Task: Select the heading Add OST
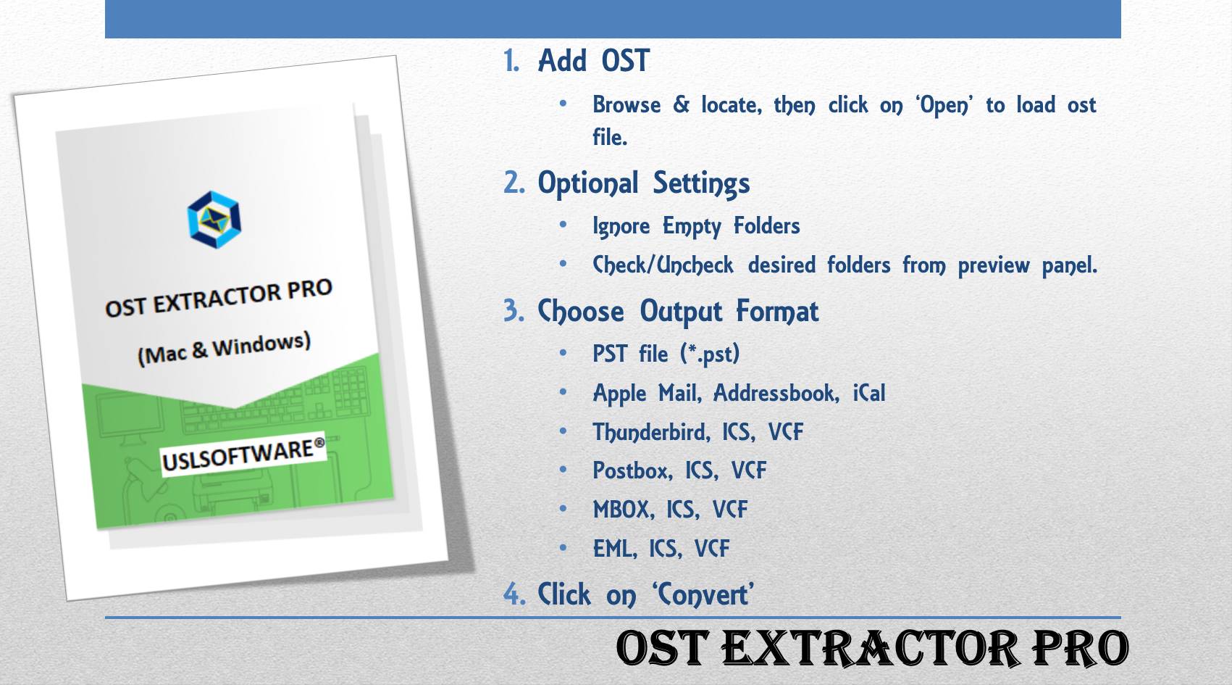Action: tap(593, 61)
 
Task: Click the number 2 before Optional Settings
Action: tap(513, 183)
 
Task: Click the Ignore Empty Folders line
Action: tap(695, 226)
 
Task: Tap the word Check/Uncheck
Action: tap(663, 265)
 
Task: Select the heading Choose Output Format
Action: tap(678, 312)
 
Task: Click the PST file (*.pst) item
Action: tap(666, 354)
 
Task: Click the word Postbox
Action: tap(631, 471)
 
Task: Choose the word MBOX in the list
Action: tap(621, 510)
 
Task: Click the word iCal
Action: tap(868, 394)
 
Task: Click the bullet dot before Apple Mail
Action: tap(563, 392)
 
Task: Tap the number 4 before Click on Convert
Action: tap(514, 594)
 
